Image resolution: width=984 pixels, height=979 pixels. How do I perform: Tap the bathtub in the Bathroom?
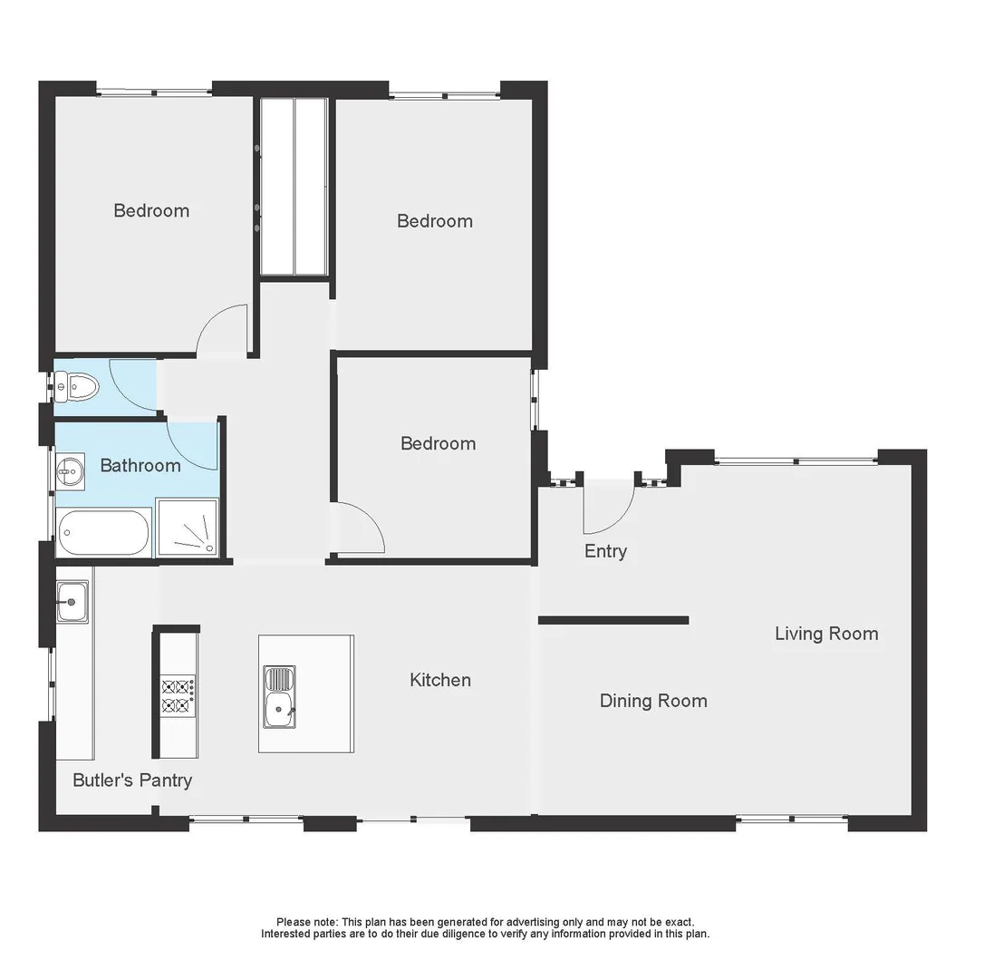pyautogui.click(x=102, y=533)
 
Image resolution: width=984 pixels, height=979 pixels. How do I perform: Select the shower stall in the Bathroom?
pyautogui.click(x=188, y=528)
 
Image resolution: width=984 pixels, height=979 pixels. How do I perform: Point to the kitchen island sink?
pyautogui.click(x=279, y=696)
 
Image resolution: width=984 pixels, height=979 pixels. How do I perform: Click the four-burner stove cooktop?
pyautogui.click(x=177, y=695)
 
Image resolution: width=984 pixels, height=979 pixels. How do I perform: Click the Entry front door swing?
pyautogui.click(x=605, y=508)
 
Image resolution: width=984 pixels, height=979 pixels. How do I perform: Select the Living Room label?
pyautogui.click(x=825, y=634)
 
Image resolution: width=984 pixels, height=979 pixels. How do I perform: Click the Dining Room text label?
pyautogui.click(x=652, y=701)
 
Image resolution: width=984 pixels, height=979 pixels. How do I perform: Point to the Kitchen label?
pyautogui.click(x=439, y=680)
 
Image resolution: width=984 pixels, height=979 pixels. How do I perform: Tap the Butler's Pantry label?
pyautogui.click(x=132, y=780)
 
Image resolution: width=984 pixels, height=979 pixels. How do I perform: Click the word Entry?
pyautogui.click(x=605, y=551)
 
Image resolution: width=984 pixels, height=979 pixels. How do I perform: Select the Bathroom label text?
pyautogui.click(x=140, y=466)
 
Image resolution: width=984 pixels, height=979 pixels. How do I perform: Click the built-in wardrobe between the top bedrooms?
pyautogui.click(x=294, y=186)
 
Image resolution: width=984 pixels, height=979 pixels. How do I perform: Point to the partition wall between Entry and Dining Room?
pyautogui.click(x=613, y=621)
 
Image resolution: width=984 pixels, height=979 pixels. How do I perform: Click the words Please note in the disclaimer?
pyautogui.click(x=306, y=922)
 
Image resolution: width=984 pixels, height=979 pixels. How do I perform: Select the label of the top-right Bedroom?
pyautogui.click(x=434, y=221)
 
